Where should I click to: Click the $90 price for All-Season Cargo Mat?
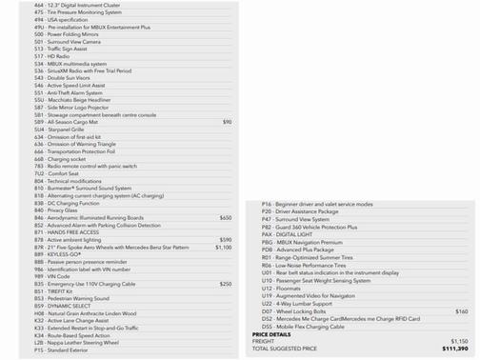(227, 123)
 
